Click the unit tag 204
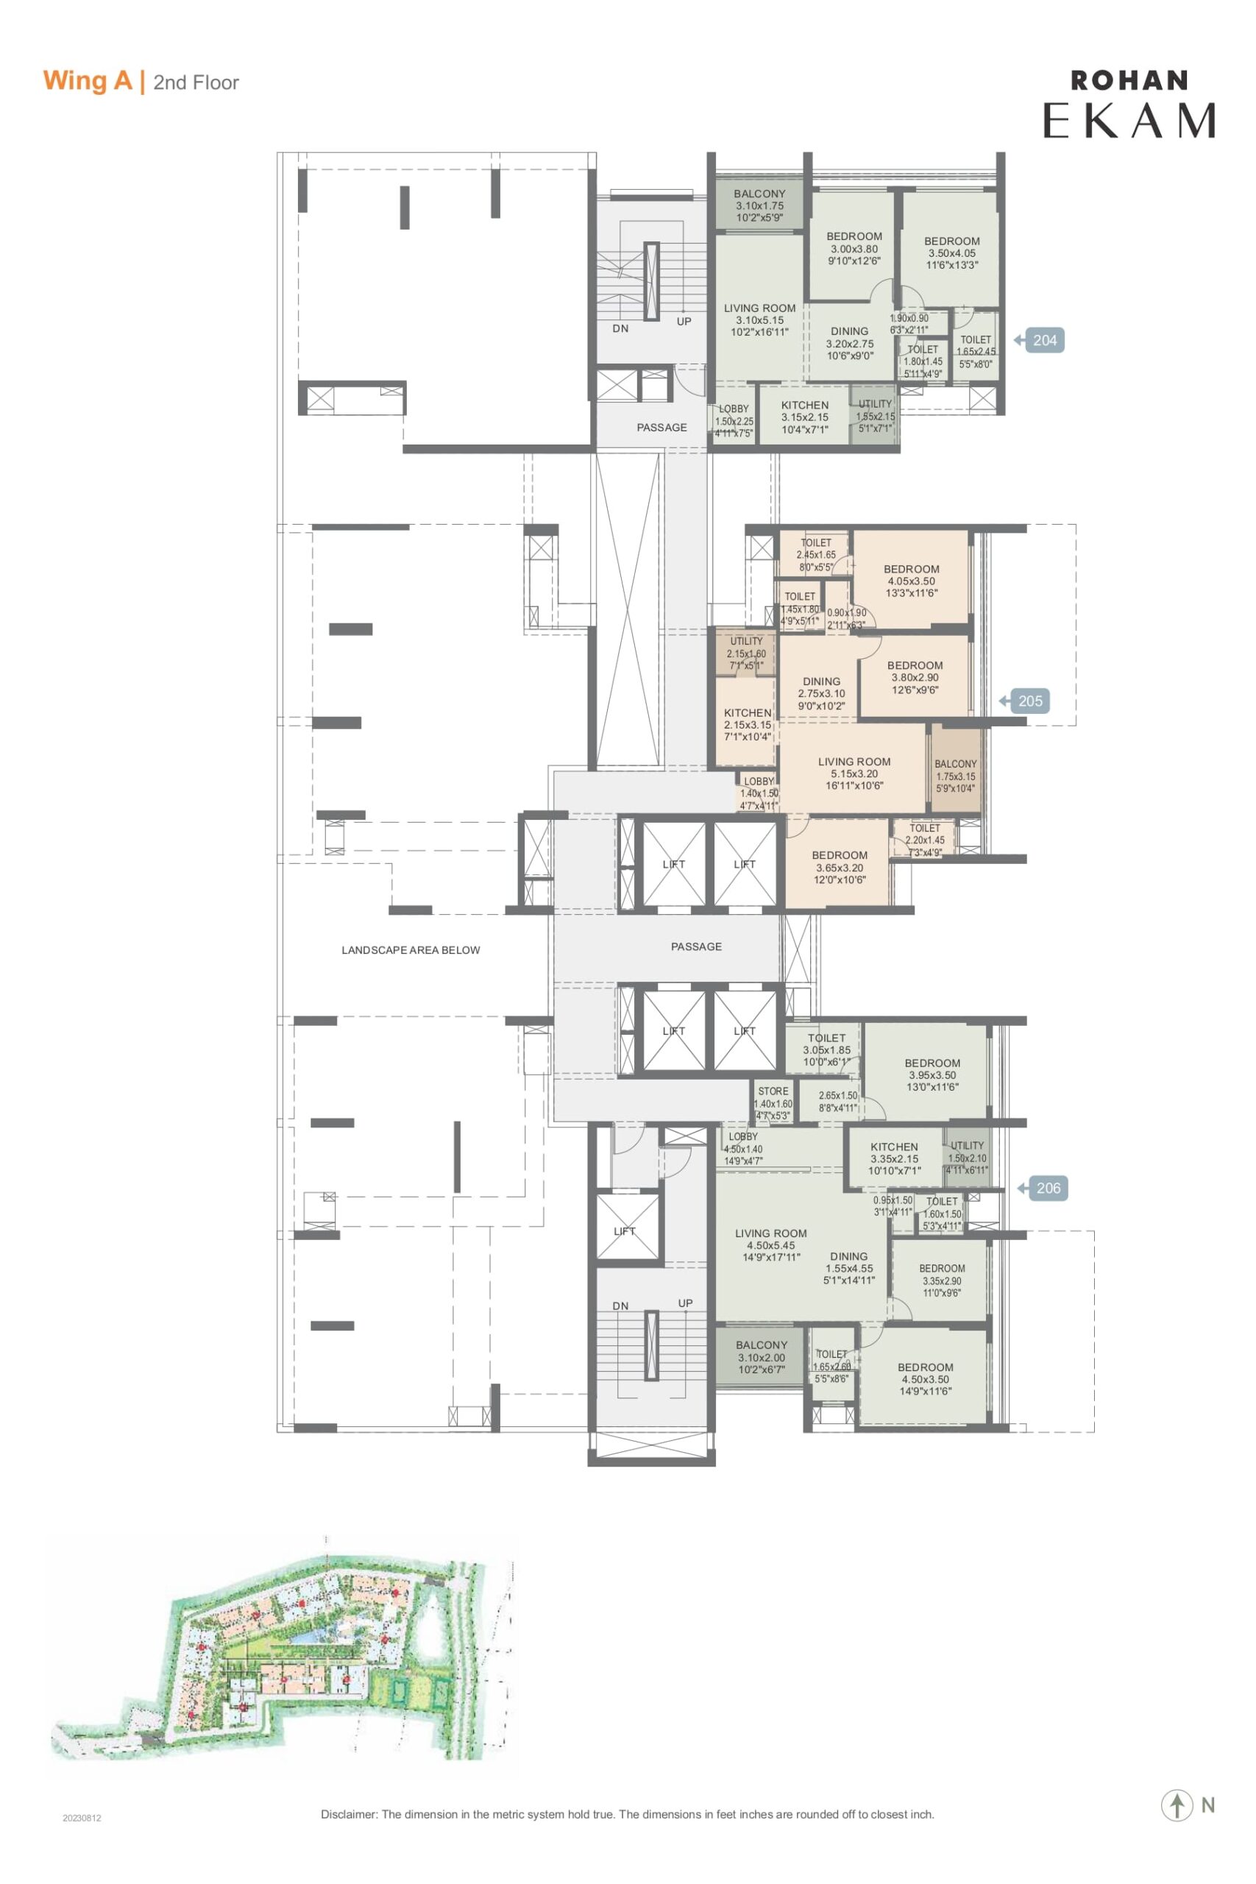1040,341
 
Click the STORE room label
773,1091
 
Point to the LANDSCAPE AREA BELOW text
411,950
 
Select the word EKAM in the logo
1129,120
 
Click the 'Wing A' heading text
88,81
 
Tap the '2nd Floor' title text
196,82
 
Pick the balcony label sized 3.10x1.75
760,206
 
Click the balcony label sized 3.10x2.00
762,1358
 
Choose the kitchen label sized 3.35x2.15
894,1158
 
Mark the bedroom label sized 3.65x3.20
840,868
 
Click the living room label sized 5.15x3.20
854,773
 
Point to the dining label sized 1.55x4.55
849,1268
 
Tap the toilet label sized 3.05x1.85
826,1049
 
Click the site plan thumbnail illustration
280,1648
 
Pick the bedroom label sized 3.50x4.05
951,253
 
